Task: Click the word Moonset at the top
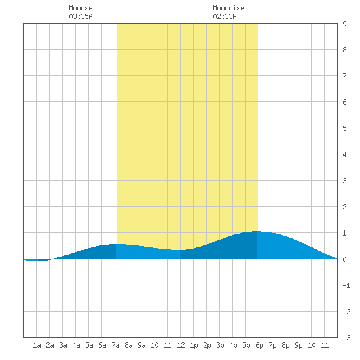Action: click(82, 8)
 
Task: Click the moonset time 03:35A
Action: click(81, 16)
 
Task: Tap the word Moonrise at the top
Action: click(228, 8)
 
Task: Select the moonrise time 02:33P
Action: click(225, 16)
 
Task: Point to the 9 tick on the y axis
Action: click(344, 24)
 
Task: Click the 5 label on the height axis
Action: click(344, 128)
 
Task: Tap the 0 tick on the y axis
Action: click(344, 259)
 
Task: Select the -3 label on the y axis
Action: click(346, 338)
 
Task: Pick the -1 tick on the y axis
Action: click(346, 285)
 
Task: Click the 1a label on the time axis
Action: click(37, 345)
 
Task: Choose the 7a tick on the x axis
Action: click(115, 345)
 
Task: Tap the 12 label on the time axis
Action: click(181, 345)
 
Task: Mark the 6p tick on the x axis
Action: click(259, 345)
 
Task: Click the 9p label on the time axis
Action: click(298, 345)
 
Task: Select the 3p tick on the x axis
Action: click(220, 345)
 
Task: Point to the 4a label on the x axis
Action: click(76, 345)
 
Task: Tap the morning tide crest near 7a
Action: click(117, 244)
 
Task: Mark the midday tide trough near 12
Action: click(179, 250)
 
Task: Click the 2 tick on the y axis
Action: click(344, 207)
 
